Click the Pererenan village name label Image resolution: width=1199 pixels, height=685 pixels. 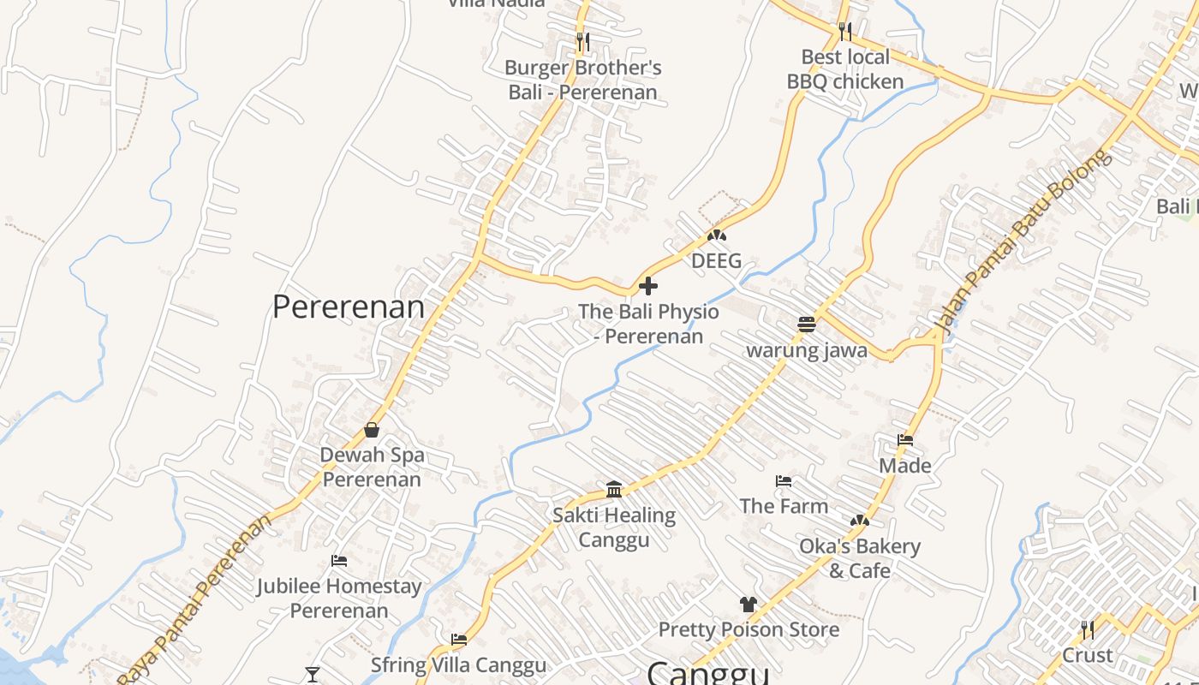tap(348, 307)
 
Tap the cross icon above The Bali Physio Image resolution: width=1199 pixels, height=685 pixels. tap(648, 285)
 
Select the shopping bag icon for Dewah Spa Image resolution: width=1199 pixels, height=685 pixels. tap(372, 429)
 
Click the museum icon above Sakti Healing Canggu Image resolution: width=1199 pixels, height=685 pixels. tap(614, 489)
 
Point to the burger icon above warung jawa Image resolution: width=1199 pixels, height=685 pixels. tap(806, 324)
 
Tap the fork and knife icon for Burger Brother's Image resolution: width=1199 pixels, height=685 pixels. tap(582, 41)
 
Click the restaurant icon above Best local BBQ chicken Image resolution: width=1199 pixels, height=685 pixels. tap(845, 31)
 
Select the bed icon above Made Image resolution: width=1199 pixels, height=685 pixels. tap(905, 440)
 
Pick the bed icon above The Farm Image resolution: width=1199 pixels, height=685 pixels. tap(784, 480)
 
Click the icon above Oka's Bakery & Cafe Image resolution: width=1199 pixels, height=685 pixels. tap(860, 520)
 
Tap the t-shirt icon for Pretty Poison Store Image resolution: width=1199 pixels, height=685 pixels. tap(749, 604)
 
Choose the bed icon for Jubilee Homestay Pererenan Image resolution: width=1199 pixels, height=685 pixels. tap(339, 561)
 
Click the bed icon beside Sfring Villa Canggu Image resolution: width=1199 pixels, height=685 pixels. tap(459, 639)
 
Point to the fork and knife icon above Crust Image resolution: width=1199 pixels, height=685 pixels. tap(1087, 630)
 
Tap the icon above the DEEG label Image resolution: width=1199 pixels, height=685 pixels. tap(716, 235)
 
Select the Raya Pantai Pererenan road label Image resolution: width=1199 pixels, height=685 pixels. tap(195, 599)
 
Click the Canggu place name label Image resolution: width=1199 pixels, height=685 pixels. tap(707, 672)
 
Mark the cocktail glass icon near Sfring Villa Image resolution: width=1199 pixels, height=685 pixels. tap(312, 675)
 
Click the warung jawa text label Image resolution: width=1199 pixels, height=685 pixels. tap(807, 350)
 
